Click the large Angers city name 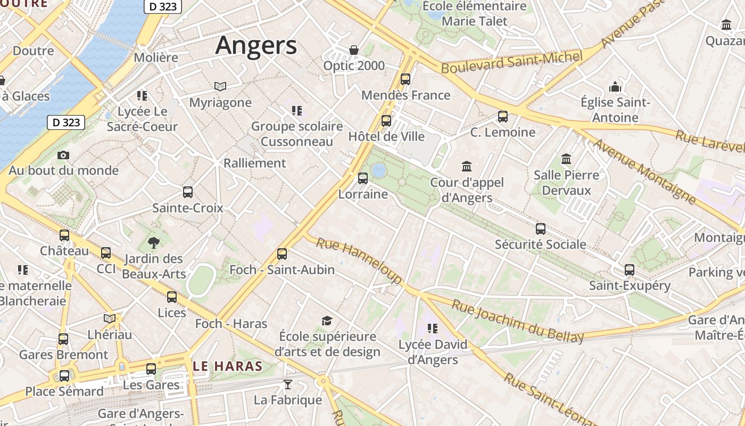point(256,45)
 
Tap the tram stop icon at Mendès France point(405,79)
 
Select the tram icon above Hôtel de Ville point(386,121)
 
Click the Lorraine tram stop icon point(363,178)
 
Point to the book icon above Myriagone point(220,86)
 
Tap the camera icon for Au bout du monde point(63,155)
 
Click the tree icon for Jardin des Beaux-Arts point(154,243)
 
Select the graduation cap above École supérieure point(327,321)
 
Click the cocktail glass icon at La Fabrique point(288,384)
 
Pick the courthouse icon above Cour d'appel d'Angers point(467,166)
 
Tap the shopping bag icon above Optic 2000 point(354,50)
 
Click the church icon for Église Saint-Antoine point(615,87)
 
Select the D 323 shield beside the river point(67,122)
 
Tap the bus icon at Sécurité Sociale point(541,229)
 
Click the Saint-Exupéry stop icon point(630,270)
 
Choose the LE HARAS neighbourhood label point(228,366)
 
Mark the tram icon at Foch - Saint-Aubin point(282,254)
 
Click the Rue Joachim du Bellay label point(518,321)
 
